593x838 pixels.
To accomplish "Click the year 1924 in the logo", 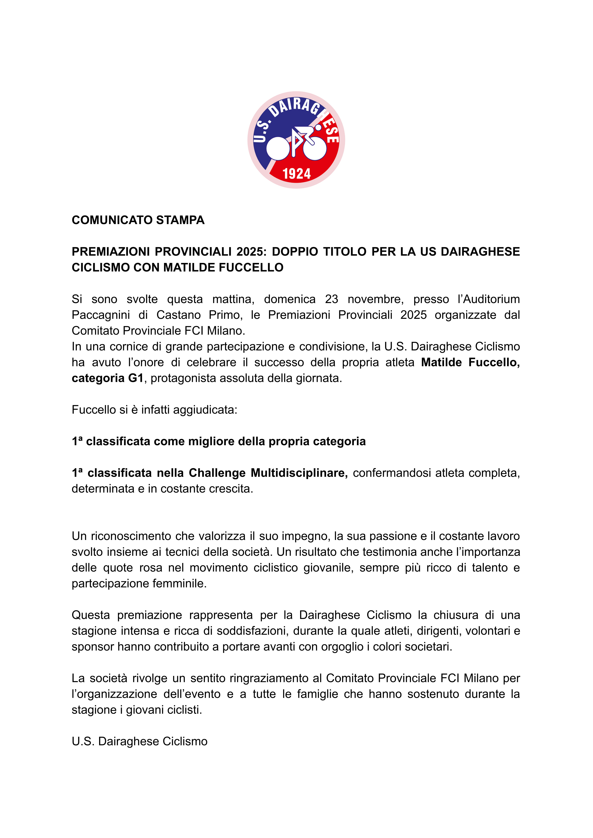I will coord(296,174).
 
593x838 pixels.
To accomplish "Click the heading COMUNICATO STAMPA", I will coord(138,220).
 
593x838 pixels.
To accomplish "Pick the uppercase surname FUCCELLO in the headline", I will coord(251,268).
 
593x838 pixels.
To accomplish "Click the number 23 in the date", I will coord(332,299).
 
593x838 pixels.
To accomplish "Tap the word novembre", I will coord(375,299).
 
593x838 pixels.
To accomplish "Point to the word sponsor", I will coord(93,646).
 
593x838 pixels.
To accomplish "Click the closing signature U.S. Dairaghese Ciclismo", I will coord(139,742).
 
